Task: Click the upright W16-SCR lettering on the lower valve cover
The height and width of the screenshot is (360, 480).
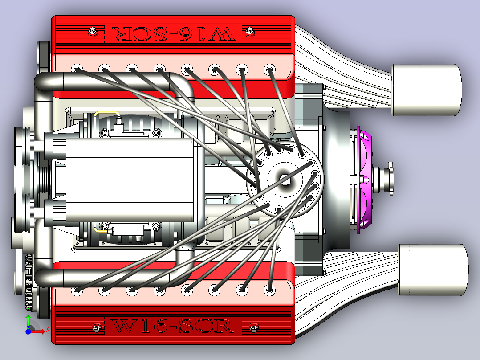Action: (172, 326)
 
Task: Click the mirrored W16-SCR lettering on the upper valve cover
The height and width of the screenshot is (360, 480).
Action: (174, 34)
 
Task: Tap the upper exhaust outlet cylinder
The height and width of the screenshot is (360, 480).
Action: (427, 90)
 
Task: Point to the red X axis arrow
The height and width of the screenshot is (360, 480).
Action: (38, 331)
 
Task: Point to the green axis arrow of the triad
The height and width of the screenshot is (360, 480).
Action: (28, 321)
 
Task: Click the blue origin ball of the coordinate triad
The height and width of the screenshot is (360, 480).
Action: (28, 331)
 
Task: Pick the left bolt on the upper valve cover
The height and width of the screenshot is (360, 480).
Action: (93, 31)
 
